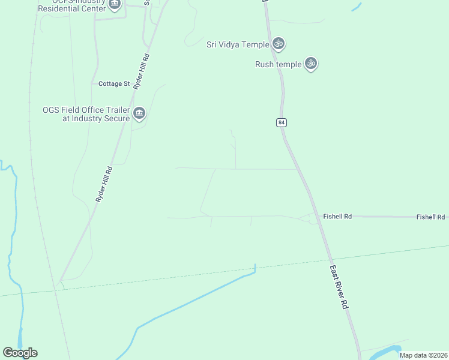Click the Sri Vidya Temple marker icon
click(x=278, y=43)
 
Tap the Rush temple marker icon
click(x=310, y=63)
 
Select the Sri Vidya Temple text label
click(x=237, y=44)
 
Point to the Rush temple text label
click(x=278, y=65)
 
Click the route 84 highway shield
click(x=282, y=122)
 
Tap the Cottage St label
click(x=114, y=84)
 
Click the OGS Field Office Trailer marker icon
click(x=139, y=113)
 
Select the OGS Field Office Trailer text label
click(x=86, y=114)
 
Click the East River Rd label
click(x=339, y=288)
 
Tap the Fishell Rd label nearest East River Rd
click(x=337, y=216)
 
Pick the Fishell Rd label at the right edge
click(x=431, y=217)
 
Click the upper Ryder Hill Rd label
click(x=142, y=73)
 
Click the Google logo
click(x=20, y=353)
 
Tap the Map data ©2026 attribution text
click(x=423, y=355)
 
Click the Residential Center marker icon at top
click(x=115, y=4)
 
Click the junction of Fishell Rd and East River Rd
click(x=316, y=217)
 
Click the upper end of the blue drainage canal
click(x=255, y=266)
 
